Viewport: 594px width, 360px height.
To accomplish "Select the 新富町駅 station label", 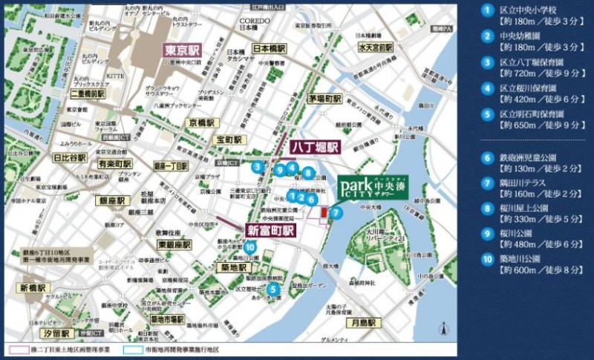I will point(271,231).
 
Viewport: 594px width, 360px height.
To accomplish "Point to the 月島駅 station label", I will point(365,323).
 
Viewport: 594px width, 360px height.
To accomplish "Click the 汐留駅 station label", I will point(54,334).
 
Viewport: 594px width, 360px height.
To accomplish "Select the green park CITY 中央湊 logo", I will point(372,186).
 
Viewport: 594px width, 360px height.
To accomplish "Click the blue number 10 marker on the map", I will point(251,247).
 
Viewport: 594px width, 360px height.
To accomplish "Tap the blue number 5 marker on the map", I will point(273,289).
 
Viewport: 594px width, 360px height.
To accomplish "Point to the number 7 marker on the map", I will point(336,213).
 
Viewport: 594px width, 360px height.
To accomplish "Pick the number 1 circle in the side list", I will point(487,10).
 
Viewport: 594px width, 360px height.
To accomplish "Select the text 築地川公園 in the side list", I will point(528,259).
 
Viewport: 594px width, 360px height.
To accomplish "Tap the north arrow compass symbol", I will point(443,329).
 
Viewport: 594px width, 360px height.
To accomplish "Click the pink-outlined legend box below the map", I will point(16,347).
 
